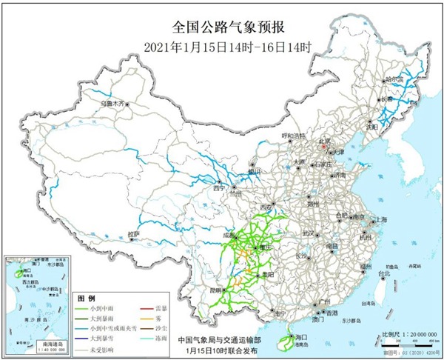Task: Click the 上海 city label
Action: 382,220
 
